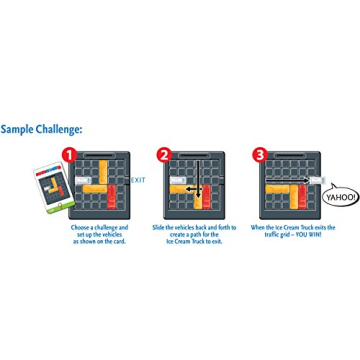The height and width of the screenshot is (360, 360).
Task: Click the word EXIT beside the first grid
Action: coord(138,180)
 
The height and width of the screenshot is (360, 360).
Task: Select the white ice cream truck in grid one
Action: coord(90,180)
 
